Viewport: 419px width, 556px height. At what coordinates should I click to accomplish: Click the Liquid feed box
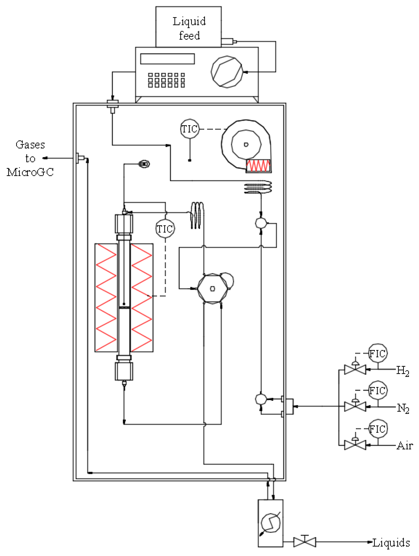point(188,27)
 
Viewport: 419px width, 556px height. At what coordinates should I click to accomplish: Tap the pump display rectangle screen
point(167,59)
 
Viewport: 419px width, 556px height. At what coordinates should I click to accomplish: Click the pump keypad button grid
point(166,80)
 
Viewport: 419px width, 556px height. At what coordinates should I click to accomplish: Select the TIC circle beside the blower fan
point(190,129)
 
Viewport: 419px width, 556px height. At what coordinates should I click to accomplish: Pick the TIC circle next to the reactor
point(165,229)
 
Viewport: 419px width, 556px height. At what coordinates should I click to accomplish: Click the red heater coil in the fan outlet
point(258,165)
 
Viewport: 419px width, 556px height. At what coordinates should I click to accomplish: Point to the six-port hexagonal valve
point(212,289)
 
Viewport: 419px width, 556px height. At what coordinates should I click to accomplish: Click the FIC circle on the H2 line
point(377,353)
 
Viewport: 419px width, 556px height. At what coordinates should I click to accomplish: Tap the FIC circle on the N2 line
point(377,390)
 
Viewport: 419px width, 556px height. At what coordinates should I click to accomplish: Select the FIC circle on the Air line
point(377,429)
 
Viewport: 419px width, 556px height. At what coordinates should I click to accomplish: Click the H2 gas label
point(402,370)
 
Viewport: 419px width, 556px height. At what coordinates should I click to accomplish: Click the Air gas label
point(405,445)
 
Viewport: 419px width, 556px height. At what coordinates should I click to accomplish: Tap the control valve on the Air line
point(355,445)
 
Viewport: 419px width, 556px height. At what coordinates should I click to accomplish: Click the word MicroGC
point(30,172)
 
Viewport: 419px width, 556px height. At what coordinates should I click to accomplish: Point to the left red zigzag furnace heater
point(106,298)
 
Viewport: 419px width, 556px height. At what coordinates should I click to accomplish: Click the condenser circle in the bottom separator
point(270,523)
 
